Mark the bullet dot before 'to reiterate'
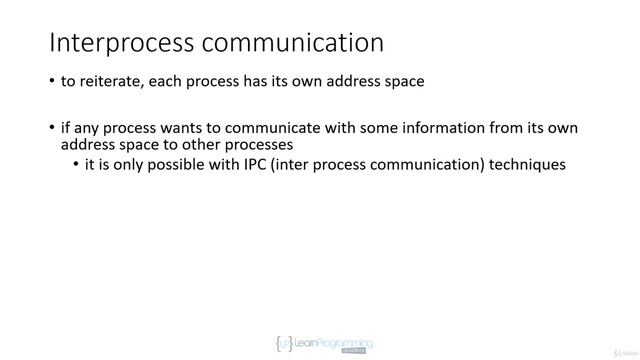click(x=52, y=82)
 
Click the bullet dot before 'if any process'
click(x=52, y=128)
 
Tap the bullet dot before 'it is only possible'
click(x=77, y=164)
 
